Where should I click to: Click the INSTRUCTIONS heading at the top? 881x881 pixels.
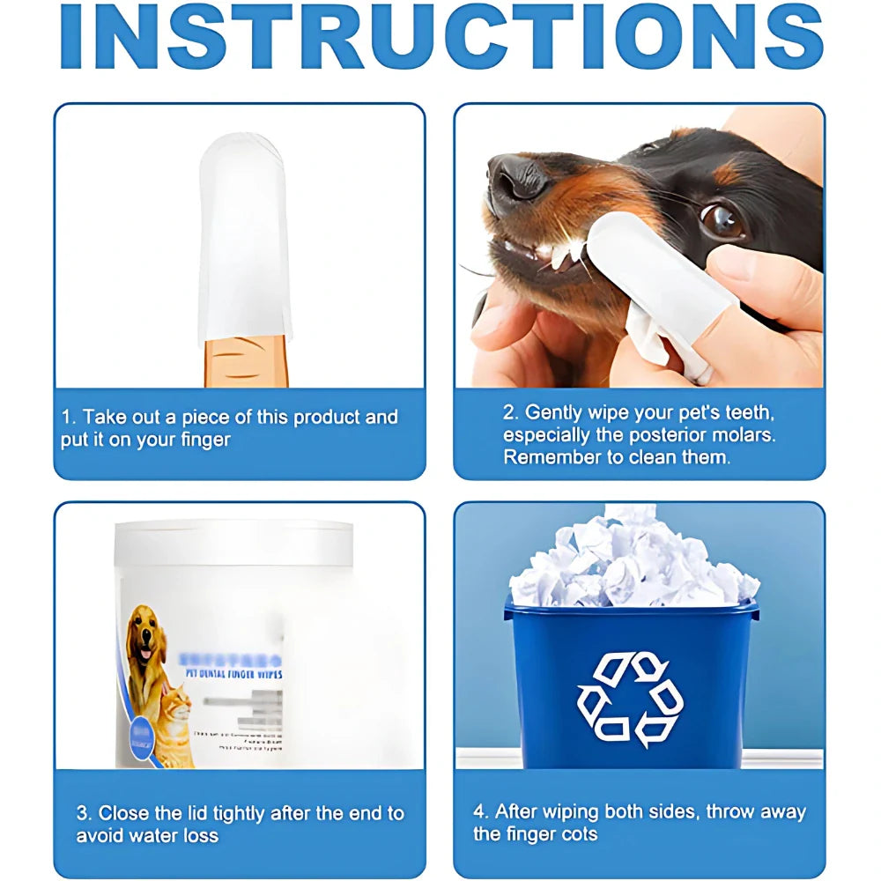point(440,37)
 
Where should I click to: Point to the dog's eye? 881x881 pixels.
point(722,220)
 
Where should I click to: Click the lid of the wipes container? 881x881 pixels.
point(234,540)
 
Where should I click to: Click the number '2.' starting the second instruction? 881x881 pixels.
point(510,412)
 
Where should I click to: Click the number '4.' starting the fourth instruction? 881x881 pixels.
point(481,811)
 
